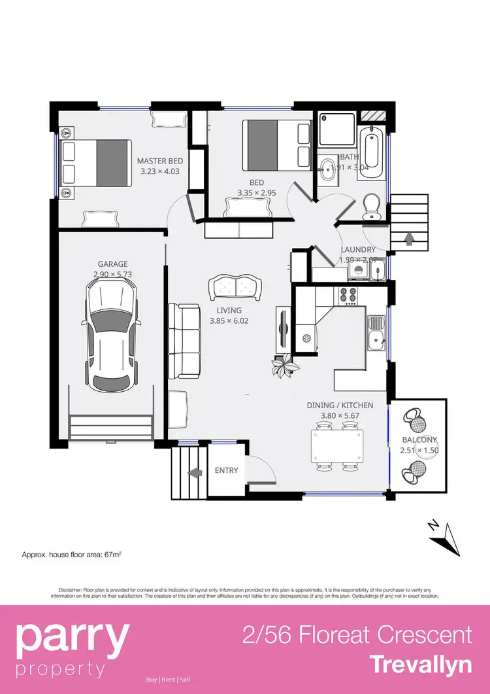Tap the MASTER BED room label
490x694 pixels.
pos(159,161)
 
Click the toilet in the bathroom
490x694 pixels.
pos(372,206)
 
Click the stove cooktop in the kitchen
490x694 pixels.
pos(348,295)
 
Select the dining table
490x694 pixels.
pos(336,446)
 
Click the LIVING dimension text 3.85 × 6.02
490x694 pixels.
pos(229,321)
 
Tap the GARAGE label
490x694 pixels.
pos(113,264)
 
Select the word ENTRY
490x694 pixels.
pos(227,470)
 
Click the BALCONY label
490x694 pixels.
pos(419,440)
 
